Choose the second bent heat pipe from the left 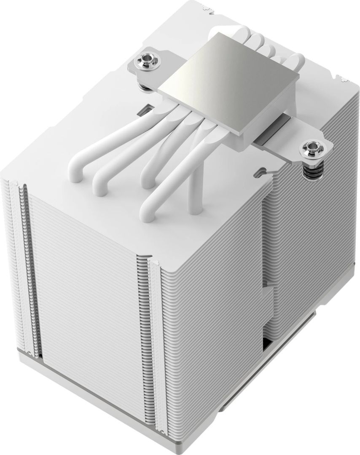(x=105, y=173)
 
